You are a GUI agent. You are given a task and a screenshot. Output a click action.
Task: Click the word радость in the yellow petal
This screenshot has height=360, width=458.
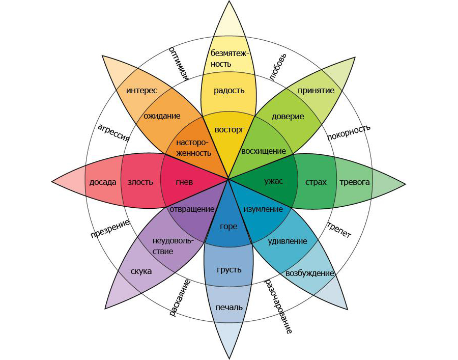tap(229, 91)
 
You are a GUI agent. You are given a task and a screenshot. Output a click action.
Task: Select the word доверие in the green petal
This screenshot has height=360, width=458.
tap(288, 116)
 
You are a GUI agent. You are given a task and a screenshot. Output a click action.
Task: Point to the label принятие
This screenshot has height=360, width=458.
tap(316, 91)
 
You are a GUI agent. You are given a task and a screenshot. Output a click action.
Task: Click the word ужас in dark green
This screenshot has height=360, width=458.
tap(274, 181)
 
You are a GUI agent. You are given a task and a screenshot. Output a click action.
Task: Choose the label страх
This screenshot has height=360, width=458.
tap(316, 182)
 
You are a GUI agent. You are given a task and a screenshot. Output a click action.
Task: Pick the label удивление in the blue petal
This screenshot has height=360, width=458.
tap(287, 241)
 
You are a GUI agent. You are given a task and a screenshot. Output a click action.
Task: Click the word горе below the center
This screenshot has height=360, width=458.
tap(228, 226)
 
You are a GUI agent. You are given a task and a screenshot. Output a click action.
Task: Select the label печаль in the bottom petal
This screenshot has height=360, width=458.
tap(229, 307)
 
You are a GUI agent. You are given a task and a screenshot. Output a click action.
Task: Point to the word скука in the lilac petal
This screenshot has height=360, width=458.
tap(141, 271)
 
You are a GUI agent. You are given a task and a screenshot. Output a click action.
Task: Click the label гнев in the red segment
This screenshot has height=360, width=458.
tap(184, 182)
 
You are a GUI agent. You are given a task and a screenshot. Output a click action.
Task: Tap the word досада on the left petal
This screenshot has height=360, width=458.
tap(103, 182)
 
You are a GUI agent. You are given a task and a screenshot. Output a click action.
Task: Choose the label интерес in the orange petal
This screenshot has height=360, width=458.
tap(141, 90)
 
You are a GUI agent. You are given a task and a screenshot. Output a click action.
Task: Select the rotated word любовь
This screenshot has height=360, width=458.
tap(279, 66)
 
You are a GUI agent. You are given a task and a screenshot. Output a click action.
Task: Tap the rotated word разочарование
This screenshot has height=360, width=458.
tap(278, 306)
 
